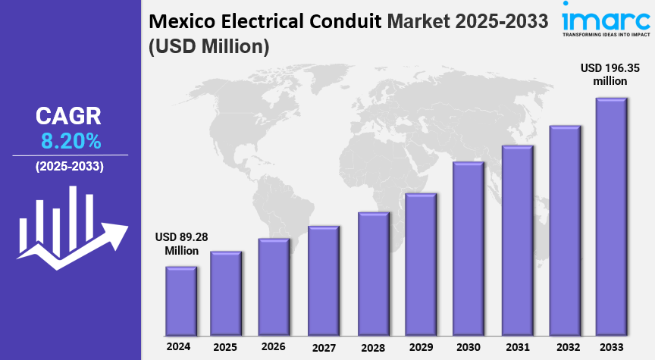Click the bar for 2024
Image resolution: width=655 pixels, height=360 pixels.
pos(181,301)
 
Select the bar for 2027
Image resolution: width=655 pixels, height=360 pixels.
pos(324,280)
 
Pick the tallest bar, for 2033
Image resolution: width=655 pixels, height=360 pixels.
pos(611,217)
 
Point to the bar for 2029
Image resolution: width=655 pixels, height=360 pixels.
pos(421,265)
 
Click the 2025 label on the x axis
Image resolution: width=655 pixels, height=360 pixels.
pos(227,346)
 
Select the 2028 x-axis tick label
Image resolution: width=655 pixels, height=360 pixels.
pos(373,347)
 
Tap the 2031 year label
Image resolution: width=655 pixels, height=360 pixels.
pos(518,347)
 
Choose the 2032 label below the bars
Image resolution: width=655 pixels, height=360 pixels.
pos(566,347)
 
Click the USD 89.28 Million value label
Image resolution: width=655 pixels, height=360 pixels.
pos(181,243)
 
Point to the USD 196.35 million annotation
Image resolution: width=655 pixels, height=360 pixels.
pos(610,74)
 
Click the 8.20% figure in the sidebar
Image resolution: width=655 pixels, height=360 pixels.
pos(70,140)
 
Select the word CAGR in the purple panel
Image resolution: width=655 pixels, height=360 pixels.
pos(68,116)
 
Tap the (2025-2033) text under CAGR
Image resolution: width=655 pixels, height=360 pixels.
pos(70,166)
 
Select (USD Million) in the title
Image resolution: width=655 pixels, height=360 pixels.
pos(208,47)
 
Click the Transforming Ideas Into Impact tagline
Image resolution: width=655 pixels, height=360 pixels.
pos(606,34)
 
